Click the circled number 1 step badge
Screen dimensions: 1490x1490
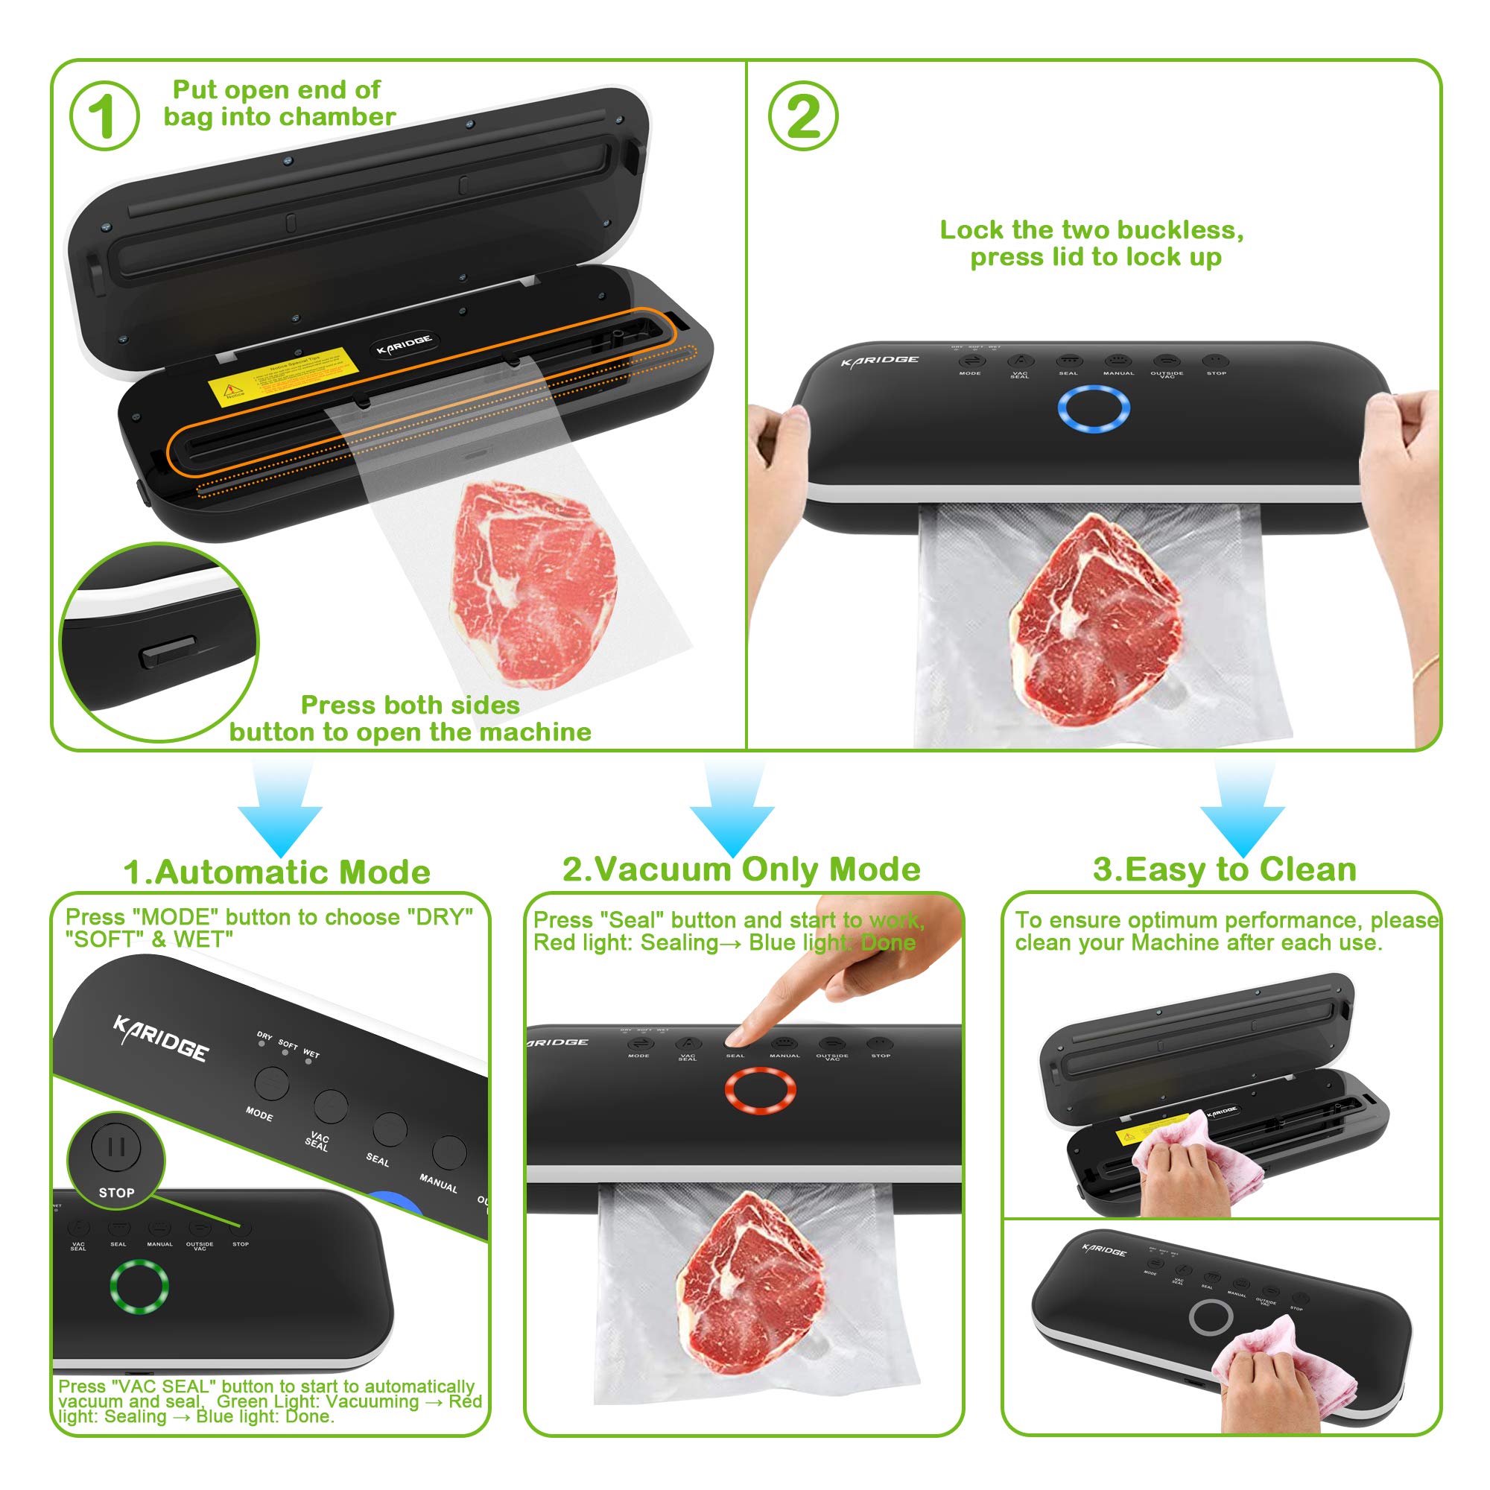coord(104,115)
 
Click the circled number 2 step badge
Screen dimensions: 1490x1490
coord(804,115)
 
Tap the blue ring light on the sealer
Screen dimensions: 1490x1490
coord(1093,408)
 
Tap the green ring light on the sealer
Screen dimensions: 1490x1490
coord(139,1286)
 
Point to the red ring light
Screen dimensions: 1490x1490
coord(760,1091)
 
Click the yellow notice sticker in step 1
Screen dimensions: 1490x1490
coord(281,375)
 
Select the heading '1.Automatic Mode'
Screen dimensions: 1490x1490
coord(277,872)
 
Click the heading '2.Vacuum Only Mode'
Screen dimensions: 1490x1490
coord(741,869)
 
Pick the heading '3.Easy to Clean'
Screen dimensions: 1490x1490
coord(1224,869)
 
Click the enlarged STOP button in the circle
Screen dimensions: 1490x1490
coord(116,1147)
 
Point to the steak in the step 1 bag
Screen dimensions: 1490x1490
coord(532,583)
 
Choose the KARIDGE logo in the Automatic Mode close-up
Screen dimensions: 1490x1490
coord(160,1038)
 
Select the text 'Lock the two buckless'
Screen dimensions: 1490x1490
coord(1091,229)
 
